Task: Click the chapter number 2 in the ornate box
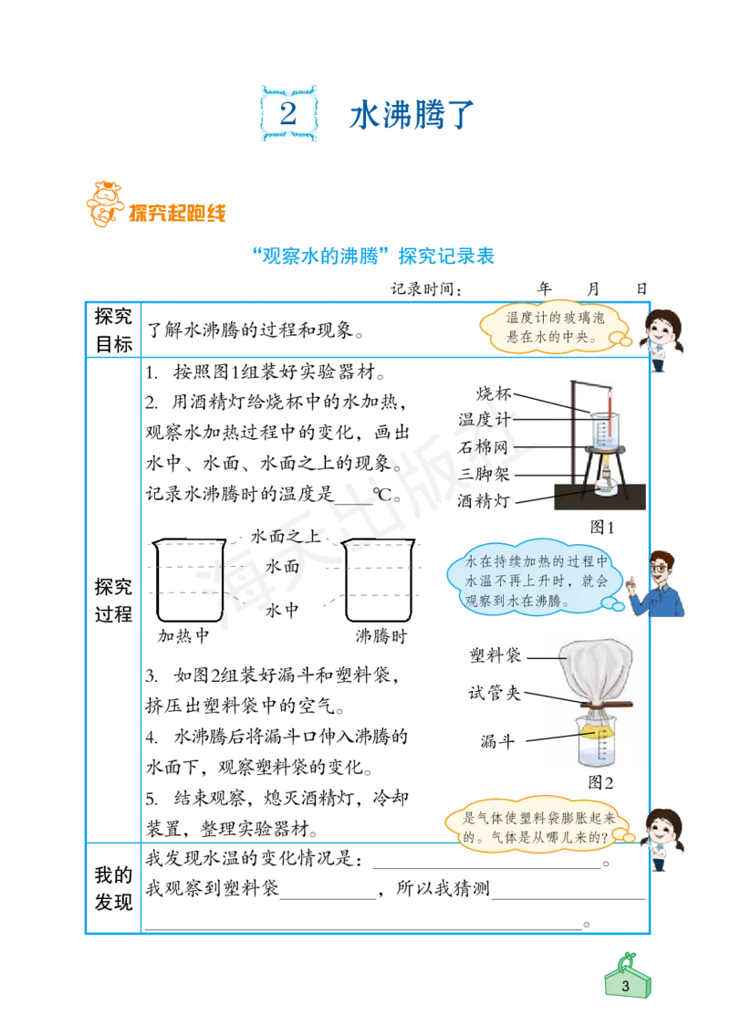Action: click(288, 113)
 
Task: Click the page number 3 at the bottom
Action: click(625, 987)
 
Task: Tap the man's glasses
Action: click(661, 568)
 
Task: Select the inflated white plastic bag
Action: click(594, 669)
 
